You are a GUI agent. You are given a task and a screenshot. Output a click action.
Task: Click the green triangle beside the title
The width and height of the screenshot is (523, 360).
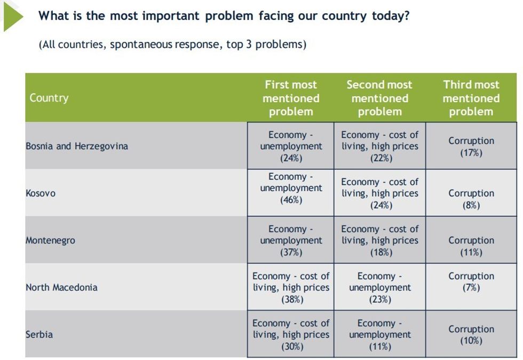pos(12,16)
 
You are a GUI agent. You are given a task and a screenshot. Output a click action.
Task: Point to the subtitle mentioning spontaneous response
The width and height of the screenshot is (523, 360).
pos(172,44)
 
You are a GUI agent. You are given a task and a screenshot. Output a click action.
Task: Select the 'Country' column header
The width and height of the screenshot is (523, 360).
pos(49,98)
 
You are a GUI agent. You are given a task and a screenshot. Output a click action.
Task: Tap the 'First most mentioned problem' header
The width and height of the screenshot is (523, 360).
pos(291,98)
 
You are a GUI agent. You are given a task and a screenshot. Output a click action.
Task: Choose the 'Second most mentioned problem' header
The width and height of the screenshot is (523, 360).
pos(379,98)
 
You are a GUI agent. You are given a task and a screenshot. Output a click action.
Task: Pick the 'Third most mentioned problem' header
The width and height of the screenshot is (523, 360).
pos(471,98)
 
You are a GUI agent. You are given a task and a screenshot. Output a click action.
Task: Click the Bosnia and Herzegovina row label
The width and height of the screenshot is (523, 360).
pos(77,146)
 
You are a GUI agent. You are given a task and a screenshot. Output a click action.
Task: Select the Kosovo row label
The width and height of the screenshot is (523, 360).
pos(41,193)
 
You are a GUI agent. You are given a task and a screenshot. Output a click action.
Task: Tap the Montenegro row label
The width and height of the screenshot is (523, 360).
pos(51,240)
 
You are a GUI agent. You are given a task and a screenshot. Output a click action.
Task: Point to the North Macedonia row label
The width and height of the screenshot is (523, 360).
pos(61,287)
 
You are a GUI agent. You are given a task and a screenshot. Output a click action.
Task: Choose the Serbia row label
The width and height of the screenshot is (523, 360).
pos(39,334)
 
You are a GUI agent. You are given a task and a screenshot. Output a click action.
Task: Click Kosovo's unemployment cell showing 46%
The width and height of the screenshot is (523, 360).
pos(291,189)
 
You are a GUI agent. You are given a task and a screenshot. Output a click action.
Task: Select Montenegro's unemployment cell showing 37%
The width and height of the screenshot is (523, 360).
pos(291,240)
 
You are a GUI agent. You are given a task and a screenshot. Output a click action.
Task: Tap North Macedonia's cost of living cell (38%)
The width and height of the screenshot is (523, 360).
pos(291,287)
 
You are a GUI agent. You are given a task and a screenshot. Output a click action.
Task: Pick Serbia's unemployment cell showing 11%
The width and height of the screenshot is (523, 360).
pos(379,335)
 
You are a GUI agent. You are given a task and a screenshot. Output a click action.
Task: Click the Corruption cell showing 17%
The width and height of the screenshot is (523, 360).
pos(471,146)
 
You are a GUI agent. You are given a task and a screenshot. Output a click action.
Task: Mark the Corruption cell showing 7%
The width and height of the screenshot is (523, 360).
pos(471,282)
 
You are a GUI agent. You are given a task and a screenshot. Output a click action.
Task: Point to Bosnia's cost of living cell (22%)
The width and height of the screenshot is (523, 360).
pos(379,146)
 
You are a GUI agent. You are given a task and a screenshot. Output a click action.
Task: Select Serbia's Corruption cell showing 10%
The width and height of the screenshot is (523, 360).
pos(471,335)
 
